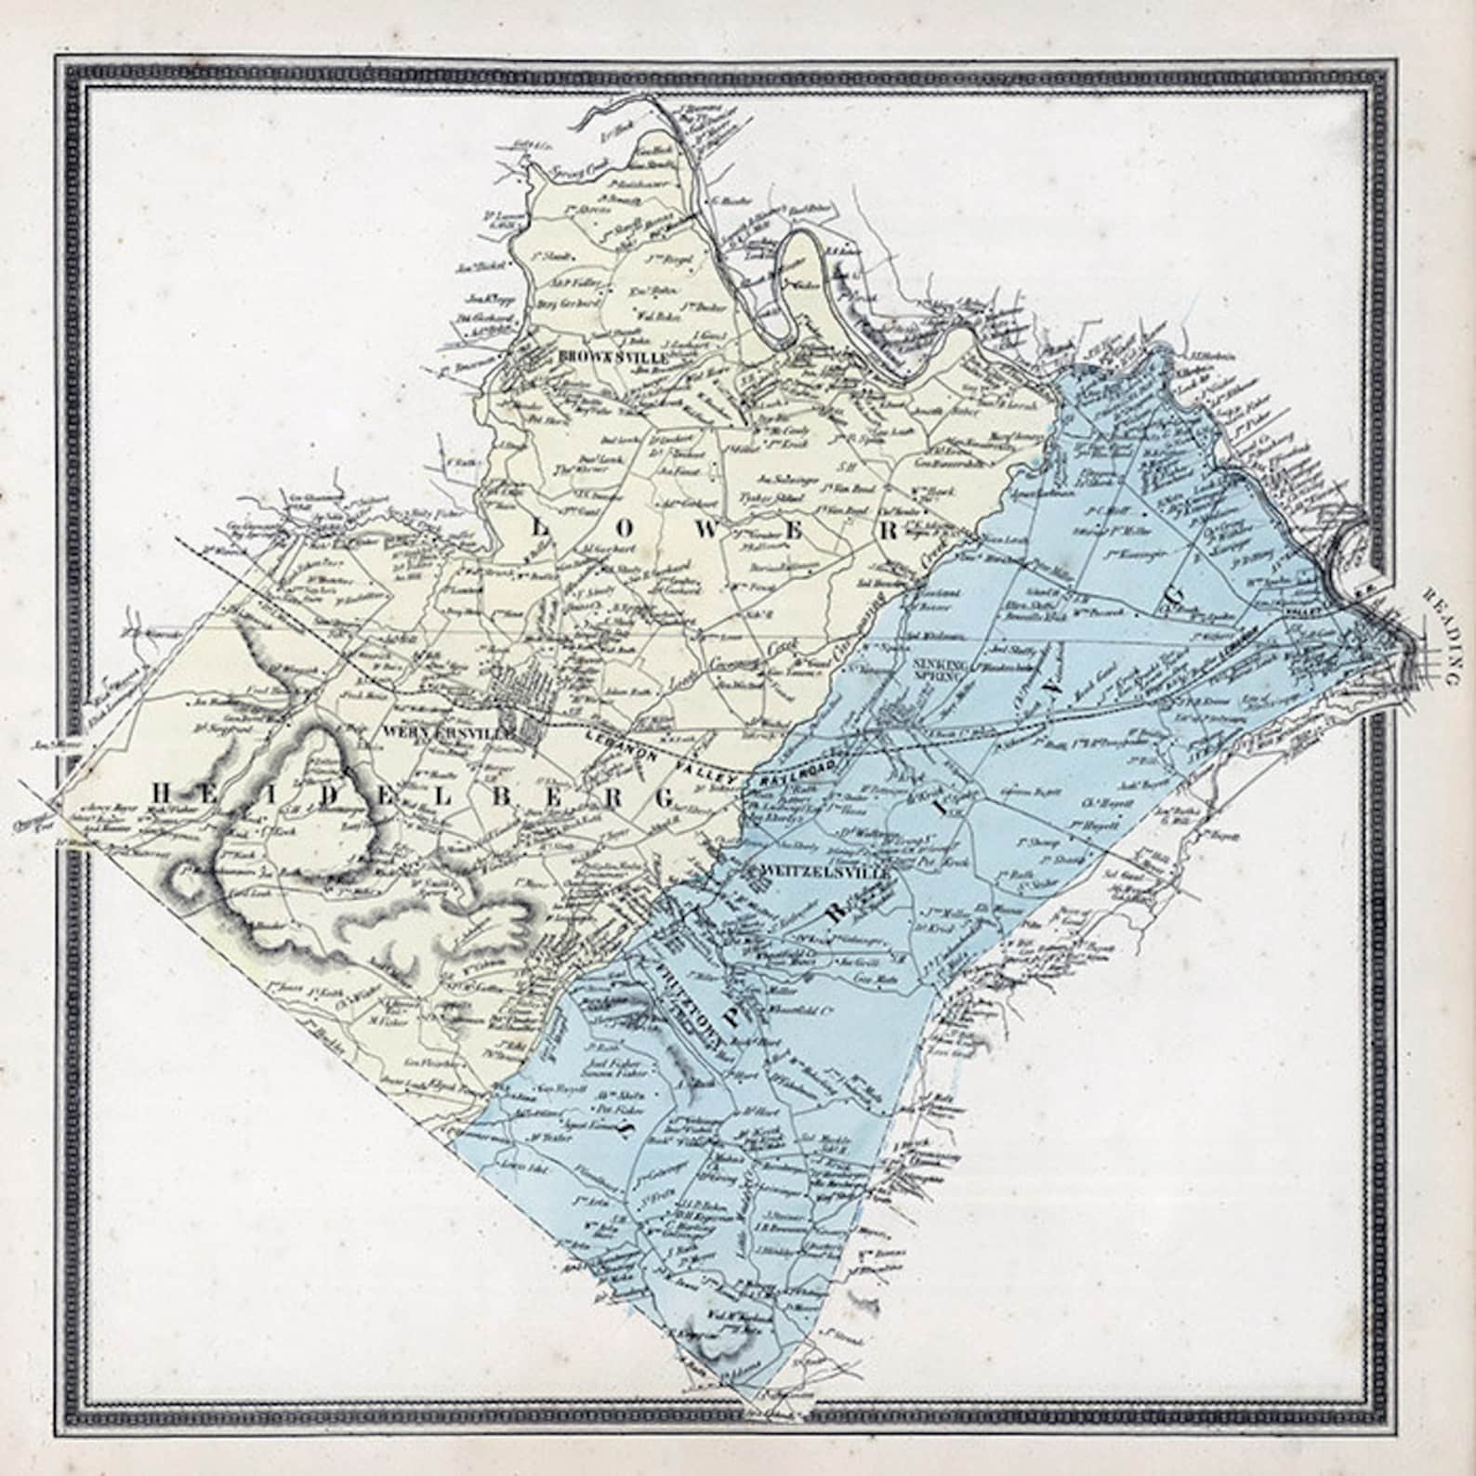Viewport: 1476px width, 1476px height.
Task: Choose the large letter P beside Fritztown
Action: click(x=735, y=1014)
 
